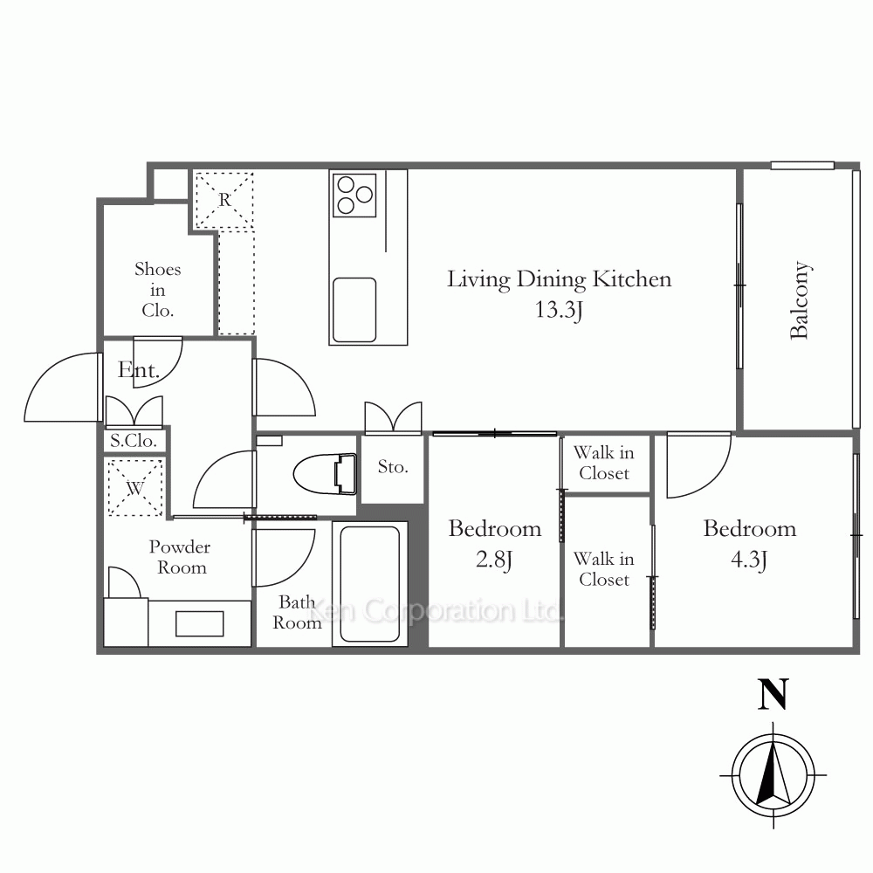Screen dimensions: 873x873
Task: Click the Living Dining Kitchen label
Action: tap(559, 279)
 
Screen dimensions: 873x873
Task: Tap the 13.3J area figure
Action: tap(559, 310)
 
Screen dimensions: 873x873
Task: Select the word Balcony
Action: tap(800, 300)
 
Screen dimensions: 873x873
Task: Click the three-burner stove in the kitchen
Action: tap(354, 195)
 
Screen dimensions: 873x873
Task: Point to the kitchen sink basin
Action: tap(354, 310)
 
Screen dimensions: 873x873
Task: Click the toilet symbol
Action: tap(325, 474)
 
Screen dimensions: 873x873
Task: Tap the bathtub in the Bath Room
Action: tap(369, 584)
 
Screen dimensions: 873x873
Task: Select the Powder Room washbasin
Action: tap(199, 623)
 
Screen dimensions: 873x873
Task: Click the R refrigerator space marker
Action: tap(224, 199)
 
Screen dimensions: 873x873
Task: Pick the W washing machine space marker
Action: tap(134, 488)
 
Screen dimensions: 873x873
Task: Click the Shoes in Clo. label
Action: tap(157, 290)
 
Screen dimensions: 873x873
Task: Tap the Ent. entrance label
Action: tap(139, 369)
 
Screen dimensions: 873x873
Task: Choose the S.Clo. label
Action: tap(133, 441)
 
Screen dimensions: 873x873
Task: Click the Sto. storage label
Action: tap(393, 466)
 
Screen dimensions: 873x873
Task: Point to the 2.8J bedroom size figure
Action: tap(494, 560)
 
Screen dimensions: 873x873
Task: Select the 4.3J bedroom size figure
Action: tap(749, 560)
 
